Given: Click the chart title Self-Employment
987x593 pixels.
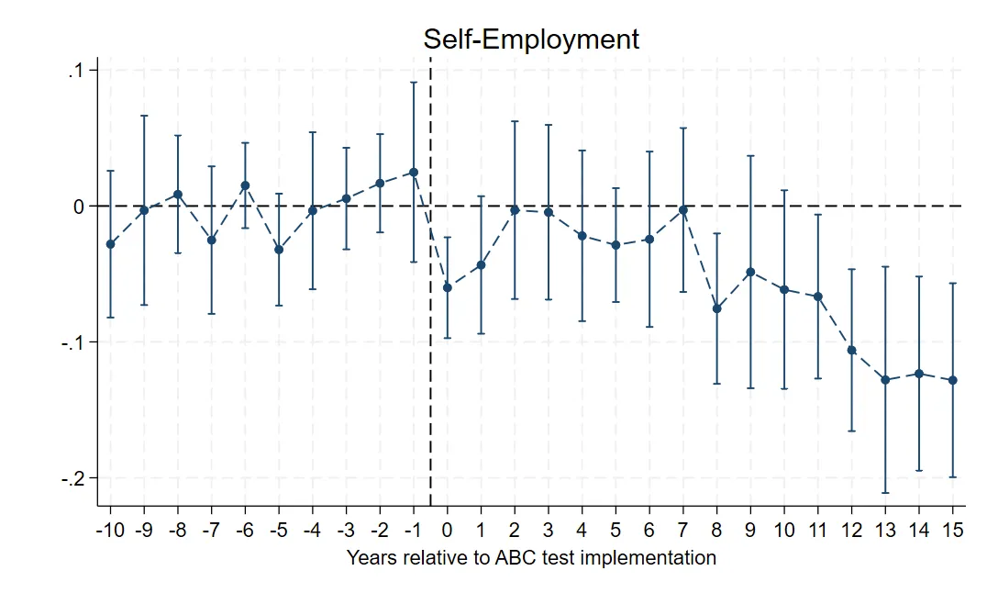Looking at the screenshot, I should [x=530, y=39].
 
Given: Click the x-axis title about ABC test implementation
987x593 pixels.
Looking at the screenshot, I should [x=531, y=557].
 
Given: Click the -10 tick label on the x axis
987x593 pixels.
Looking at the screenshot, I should [x=110, y=531].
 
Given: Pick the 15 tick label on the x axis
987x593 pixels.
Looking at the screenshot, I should [x=952, y=531].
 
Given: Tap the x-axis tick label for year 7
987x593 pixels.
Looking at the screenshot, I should [x=682, y=531].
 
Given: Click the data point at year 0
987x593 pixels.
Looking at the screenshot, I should [x=447, y=287].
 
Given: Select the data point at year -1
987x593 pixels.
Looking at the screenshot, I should [x=414, y=173].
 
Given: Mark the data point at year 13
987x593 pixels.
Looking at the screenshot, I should [x=885, y=379].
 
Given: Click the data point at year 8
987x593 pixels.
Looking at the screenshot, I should [x=717, y=308].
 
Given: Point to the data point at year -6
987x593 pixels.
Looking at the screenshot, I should [x=245, y=185].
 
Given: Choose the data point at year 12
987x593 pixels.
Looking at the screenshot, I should [x=851, y=351].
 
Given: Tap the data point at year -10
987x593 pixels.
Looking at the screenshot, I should [x=111, y=244].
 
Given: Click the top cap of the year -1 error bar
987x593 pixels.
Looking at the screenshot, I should [x=414, y=83].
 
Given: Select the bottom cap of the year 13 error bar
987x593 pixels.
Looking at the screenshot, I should [x=885, y=493].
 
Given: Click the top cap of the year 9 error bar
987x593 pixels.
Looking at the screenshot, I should [x=750, y=156].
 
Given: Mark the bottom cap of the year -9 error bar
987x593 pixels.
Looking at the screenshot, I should [x=144, y=305].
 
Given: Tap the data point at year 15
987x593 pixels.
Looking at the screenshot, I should [x=952, y=380].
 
